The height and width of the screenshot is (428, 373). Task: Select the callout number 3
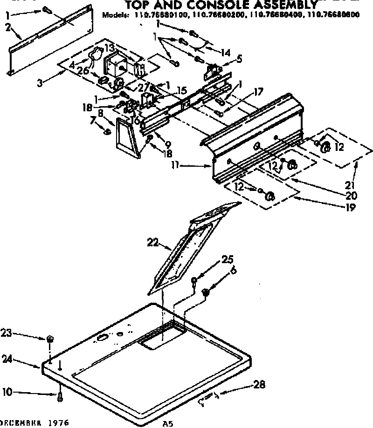[x=41, y=83]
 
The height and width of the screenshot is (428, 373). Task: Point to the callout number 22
[x=152, y=242]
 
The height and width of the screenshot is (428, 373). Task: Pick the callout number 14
[x=225, y=52]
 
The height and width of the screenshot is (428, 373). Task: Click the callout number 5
[x=240, y=59]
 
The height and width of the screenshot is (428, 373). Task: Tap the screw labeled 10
[x=60, y=396]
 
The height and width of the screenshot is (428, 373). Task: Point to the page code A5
[x=167, y=424]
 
